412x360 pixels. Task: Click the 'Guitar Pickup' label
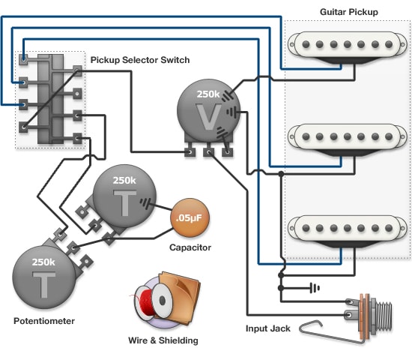point(348,12)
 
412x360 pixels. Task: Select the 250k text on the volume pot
point(207,95)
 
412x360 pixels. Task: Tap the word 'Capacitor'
point(190,247)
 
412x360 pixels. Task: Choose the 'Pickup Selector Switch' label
point(140,60)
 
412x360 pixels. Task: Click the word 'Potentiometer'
point(44,320)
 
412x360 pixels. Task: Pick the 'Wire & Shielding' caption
point(163,340)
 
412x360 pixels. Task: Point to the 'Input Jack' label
point(269,328)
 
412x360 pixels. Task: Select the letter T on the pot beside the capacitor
point(124,201)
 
